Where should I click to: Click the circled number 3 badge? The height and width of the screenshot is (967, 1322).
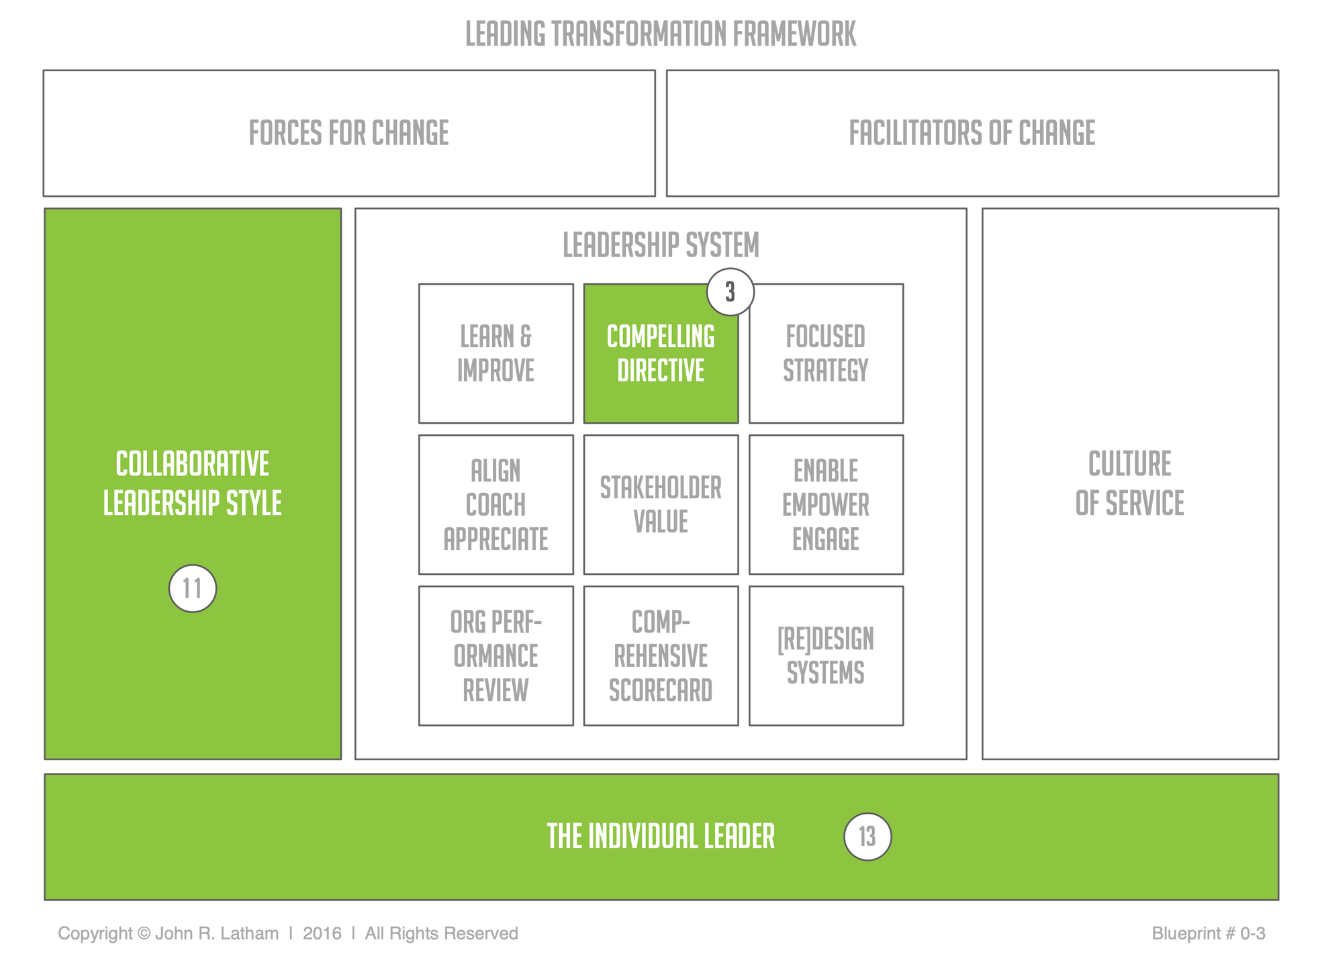tap(730, 292)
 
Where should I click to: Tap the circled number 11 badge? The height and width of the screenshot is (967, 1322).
tap(193, 589)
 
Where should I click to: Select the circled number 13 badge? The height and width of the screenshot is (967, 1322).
tap(867, 837)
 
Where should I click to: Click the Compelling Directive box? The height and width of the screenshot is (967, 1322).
tap(661, 354)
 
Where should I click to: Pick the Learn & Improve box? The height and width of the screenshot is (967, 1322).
tap(496, 354)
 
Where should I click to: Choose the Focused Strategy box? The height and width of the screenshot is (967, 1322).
tap(826, 354)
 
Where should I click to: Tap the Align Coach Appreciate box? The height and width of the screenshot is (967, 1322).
tap(496, 505)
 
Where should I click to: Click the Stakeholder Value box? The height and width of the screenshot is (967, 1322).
tap(661, 505)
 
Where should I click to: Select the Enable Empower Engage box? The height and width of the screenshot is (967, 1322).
tap(826, 505)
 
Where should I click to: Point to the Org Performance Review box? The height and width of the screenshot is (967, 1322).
tap(496, 656)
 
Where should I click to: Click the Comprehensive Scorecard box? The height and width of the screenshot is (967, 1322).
tap(661, 656)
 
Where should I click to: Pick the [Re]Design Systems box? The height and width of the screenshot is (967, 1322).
tap(826, 656)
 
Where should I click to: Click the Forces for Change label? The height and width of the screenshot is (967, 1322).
tap(349, 132)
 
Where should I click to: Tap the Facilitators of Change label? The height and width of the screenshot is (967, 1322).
tap(972, 132)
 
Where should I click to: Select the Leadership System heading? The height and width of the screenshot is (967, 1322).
tap(661, 244)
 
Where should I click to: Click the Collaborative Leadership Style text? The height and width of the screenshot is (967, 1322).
tap(193, 483)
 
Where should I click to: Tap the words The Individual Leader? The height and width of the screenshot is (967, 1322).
tap(661, 837)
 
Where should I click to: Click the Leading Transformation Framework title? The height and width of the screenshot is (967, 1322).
tap(661, 34)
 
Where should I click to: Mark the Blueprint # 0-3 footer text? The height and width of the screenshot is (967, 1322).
tap(1208, 933)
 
